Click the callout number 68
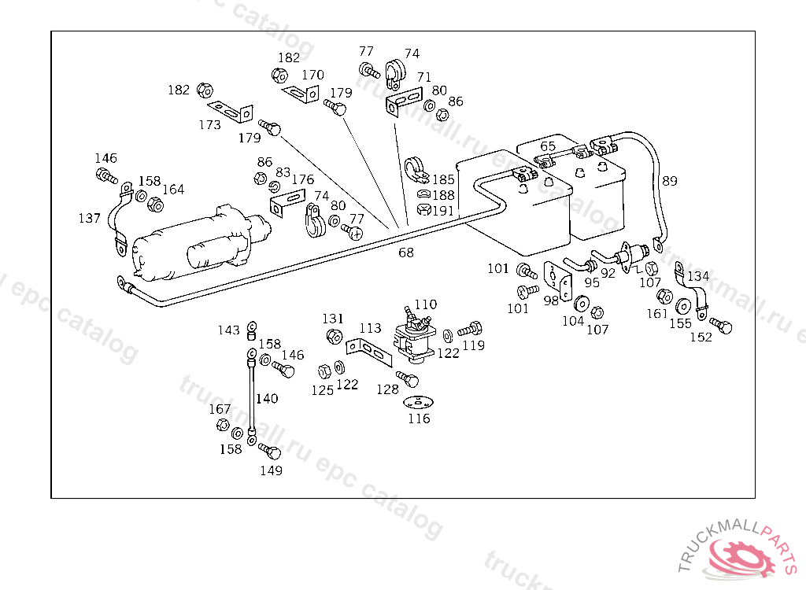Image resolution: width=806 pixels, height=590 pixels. point(406,253)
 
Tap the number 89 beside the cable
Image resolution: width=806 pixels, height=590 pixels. point(669,181)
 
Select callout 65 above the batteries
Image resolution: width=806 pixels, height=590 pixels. point(548,146)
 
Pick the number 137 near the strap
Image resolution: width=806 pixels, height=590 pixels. point(90,218)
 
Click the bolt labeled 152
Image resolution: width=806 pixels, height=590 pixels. point(721,324)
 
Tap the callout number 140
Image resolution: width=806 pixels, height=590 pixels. point(266,399)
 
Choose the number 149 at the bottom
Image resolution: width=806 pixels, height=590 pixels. point(271,470)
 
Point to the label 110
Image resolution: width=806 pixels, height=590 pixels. point(425,304)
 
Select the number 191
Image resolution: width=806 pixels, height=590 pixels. point(443,211)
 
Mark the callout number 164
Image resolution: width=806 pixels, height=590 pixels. point(173,190)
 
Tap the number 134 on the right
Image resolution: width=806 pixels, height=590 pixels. point(697,276)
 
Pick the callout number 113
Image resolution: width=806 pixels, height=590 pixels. point(370,328)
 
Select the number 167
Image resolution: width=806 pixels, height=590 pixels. point(220,409)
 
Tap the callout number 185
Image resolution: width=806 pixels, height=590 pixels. point(443,180)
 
